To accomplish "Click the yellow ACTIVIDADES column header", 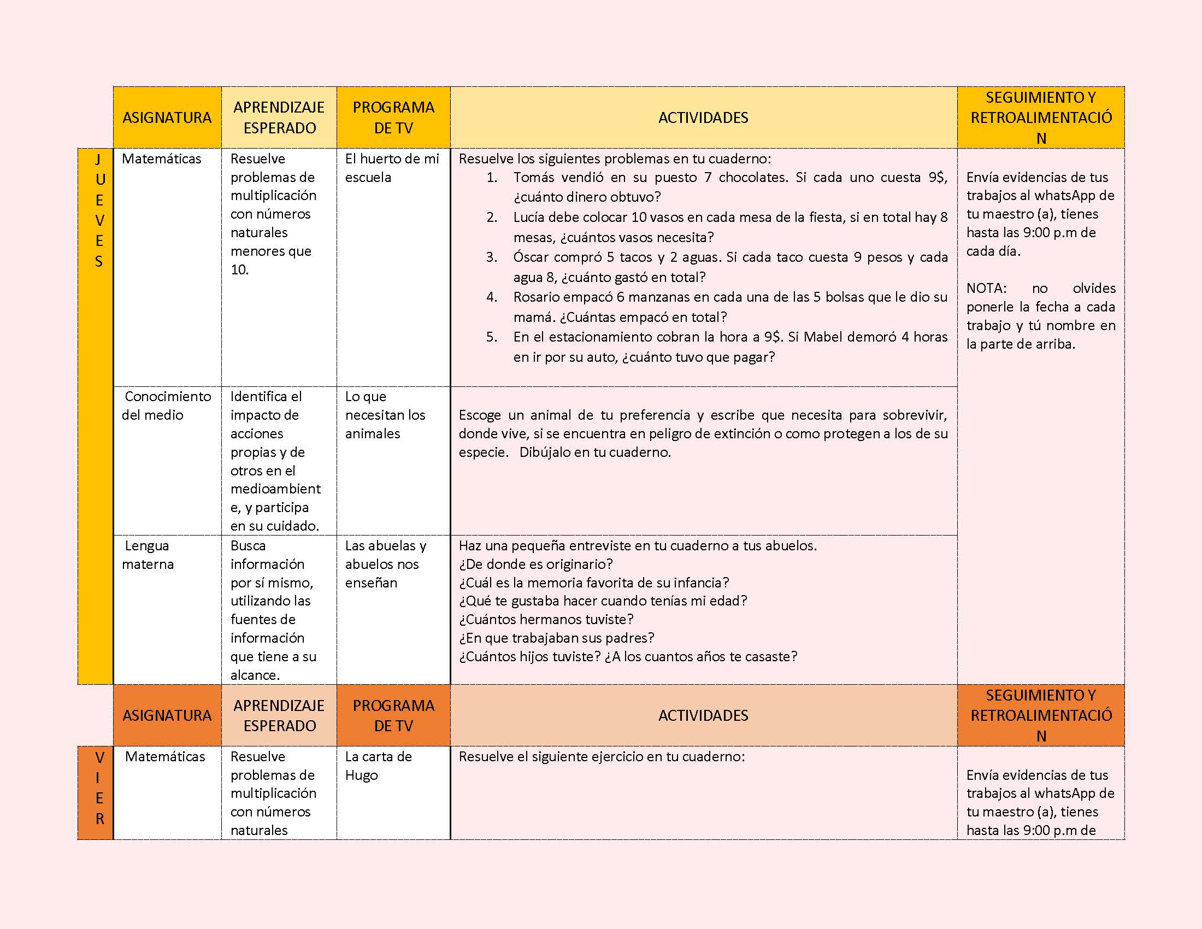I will click(x=703, y=117).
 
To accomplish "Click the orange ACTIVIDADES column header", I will click(x=703, y=715).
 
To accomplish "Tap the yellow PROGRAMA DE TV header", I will click(x=393, y=117).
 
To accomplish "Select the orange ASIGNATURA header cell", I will click(x=167, y=715).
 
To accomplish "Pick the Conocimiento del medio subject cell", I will click(x=166, y=405).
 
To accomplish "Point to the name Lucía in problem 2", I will click(x=529, y=217).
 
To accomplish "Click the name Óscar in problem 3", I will click(x=529, y=257).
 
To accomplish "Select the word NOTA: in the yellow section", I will click(x=986, y=289).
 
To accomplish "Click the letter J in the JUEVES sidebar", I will click(x=98, y=160).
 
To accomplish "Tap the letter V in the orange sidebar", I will click(x=99, y=758).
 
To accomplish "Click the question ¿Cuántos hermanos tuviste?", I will click(x=546, y=619).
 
